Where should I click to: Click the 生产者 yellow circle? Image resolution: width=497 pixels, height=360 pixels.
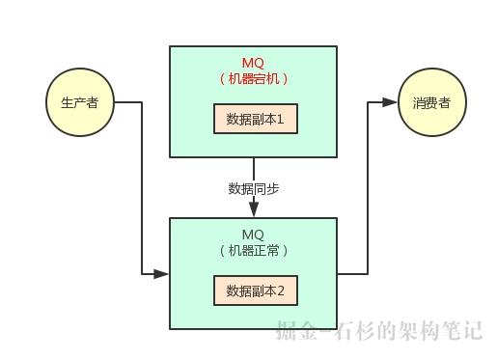tap(79, 103)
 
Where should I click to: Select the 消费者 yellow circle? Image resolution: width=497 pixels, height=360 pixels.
tap(431, 102)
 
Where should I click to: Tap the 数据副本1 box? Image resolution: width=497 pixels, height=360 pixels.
tap(256, 120)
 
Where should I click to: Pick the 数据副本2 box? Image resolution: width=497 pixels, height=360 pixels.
tap(256, 291)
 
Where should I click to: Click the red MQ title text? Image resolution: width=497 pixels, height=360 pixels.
tap(253, 63)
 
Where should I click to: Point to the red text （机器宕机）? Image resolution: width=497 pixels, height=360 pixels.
tap(254, 79)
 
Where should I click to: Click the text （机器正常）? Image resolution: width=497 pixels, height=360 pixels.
tap(254, 251)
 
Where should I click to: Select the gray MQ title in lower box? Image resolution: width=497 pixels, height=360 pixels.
tap(253, 235)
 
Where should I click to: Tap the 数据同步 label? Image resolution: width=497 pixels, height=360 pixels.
tap(254, 188)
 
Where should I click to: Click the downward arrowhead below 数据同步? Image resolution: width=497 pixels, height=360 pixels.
tap(254, 211)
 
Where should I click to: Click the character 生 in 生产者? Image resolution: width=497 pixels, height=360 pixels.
tap(67, 103)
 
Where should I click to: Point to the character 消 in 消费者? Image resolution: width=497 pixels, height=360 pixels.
tap(419, 102)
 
